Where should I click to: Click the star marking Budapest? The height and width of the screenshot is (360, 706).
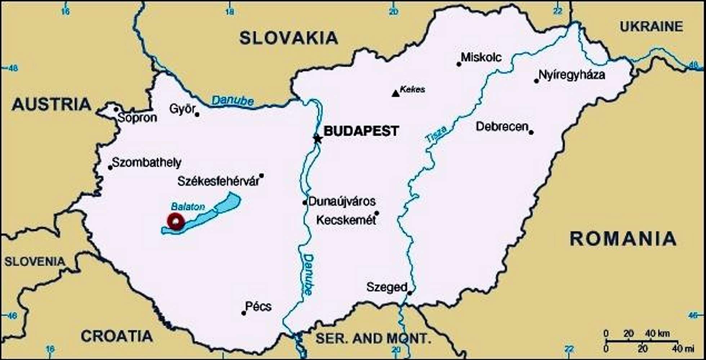click(317, 139)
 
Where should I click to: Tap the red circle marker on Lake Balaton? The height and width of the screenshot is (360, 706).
click(176, 221)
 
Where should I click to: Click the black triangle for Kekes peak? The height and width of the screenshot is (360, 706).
click(396, 94)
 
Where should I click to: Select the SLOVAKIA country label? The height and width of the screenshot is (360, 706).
click(289, 38)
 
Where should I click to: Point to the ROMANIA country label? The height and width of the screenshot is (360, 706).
click(623, 239)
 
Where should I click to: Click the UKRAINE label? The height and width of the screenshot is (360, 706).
click(651, 27)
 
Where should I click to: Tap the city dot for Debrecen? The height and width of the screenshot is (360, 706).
click(531, 132)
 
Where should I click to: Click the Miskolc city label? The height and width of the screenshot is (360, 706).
click(481, 57)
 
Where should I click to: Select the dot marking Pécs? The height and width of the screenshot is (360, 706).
click(244, 313)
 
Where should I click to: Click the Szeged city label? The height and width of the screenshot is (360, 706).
click(386, 287)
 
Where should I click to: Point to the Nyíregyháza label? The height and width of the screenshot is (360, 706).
click(572, 75)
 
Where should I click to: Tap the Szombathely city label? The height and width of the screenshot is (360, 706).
click(147, 162)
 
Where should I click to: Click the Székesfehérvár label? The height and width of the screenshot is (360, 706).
click(218, 181)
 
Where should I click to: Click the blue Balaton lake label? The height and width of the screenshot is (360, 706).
click(188, 207)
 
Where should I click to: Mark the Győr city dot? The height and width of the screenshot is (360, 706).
click(197, 114)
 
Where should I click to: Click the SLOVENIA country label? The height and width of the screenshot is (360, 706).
click(35, 262)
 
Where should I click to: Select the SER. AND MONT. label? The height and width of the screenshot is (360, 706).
click(373, 338)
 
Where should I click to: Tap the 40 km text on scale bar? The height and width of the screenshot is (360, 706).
click(657, 334)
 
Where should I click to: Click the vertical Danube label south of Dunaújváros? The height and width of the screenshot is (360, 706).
click(308, 275)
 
